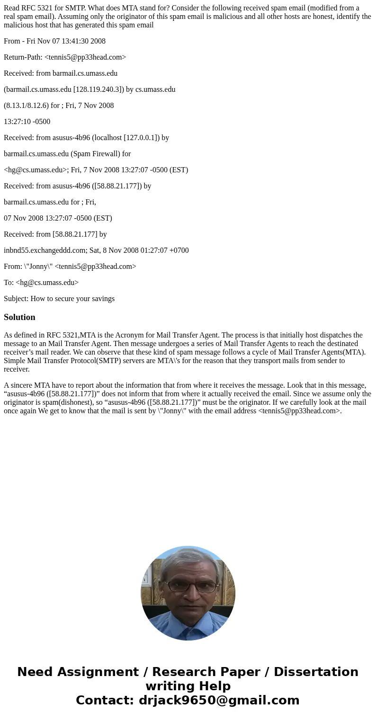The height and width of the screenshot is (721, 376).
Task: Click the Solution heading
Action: click(x=19, y=317)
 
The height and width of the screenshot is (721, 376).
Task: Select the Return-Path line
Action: click(x=65, y=57)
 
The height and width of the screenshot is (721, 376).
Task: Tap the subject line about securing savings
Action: click(x=59, y=299)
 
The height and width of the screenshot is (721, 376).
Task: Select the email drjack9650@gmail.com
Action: click(x=219, y=700)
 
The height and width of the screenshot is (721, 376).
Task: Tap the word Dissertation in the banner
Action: click(x=316, y=672)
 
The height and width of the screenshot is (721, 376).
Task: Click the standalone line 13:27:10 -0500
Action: click(x=27, y=122)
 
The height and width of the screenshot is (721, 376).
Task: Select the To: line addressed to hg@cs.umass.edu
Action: click(x=41, y=283)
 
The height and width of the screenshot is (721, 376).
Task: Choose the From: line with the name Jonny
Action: click(x=70, y=267)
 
